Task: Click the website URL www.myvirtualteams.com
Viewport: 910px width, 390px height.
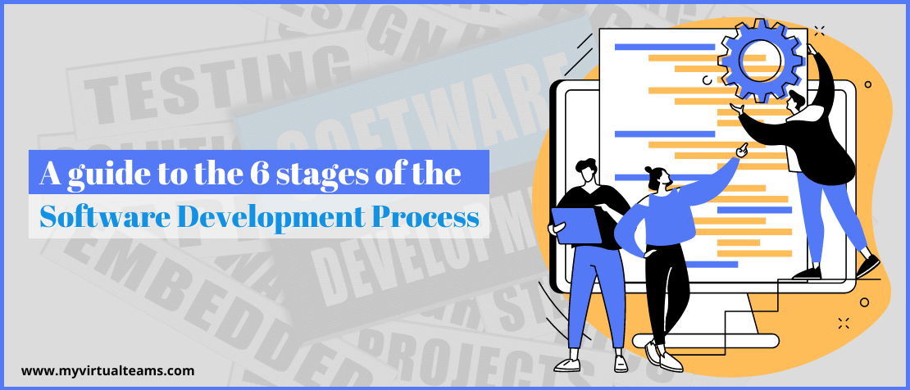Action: click(108, 370)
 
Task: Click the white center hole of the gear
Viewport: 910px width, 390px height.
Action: click(752, 54)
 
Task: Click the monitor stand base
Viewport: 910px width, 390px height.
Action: click(738, 344)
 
